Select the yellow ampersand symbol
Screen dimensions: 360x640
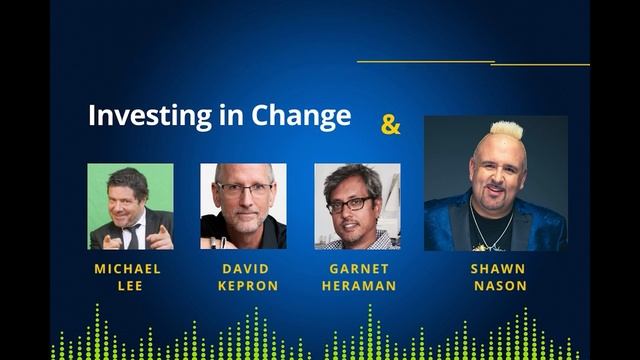point(390,125)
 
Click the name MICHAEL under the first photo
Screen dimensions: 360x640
point(127,269)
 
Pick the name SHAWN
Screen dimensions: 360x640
point(496,269)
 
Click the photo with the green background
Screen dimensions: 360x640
point(130,206)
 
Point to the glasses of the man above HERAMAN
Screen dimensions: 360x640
point(350,204)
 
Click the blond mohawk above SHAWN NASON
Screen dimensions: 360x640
point(506,129)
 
